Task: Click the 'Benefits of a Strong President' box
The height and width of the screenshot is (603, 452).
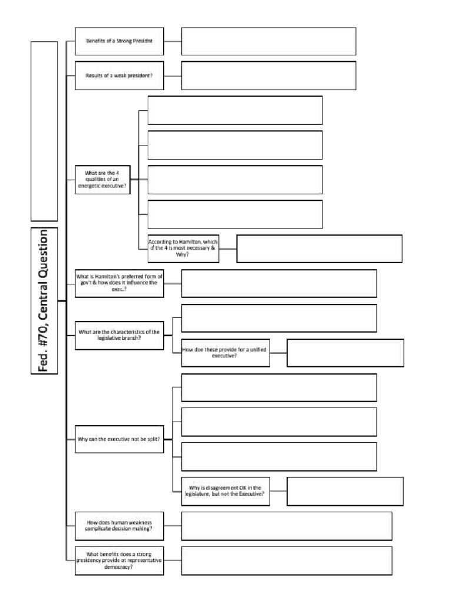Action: point(119,41)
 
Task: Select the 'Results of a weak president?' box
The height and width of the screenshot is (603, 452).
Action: point(119,76)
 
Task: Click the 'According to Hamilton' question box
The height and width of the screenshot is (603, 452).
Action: point(183,249)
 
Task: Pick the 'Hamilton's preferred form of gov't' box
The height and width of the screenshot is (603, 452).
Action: point(119,283)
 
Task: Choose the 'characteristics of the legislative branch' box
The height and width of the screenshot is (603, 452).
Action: point(119,336)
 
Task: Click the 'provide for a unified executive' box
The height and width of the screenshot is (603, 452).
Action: point(225,353)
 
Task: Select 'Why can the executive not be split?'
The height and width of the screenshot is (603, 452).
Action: point(119,439)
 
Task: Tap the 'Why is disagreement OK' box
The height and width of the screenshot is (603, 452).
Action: point(225,491)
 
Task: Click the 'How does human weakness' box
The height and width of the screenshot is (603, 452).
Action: point(119,525)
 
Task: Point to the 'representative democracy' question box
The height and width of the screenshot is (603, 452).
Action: point(119,561)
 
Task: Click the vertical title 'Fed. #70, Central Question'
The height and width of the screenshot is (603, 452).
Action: point(45,301)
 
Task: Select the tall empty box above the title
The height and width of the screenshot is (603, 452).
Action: point(45,131)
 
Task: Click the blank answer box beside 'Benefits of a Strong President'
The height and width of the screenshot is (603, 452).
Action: point(268,41)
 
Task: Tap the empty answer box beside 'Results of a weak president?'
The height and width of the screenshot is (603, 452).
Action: point(268,76)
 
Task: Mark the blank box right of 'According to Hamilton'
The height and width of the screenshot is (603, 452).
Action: point(319,249)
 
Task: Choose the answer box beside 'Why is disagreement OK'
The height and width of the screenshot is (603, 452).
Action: point(345,491)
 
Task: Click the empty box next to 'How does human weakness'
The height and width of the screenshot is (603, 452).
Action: point(286,525)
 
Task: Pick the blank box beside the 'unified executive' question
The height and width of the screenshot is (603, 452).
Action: point(345,353)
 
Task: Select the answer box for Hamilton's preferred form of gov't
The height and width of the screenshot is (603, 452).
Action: point(279,283)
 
